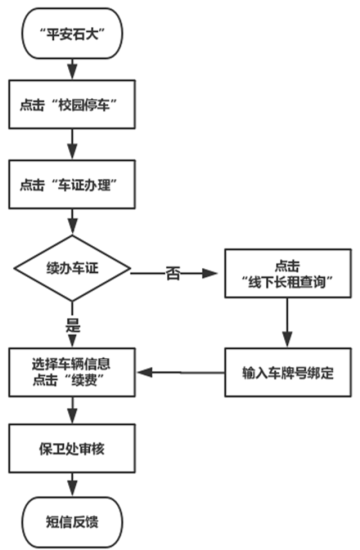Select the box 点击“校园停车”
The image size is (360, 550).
pyautogui.click(x=73, y=105)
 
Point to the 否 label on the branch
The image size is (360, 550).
pyautogui.click(x=172, y=274)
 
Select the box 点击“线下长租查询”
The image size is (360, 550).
pyautogui.click(x=287, y=274)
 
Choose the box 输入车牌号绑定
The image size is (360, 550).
pyautogui.click(x=288, y=373)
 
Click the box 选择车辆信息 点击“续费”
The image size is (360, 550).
pyautogui.click(x=73, y=372)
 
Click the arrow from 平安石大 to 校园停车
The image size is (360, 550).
pyautogui.click(x=73, y=66)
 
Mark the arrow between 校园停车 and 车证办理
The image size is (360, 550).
pyautogui.click(x=73, y=145)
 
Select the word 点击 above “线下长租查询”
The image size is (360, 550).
pyautogui.click(x=287, y=265)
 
